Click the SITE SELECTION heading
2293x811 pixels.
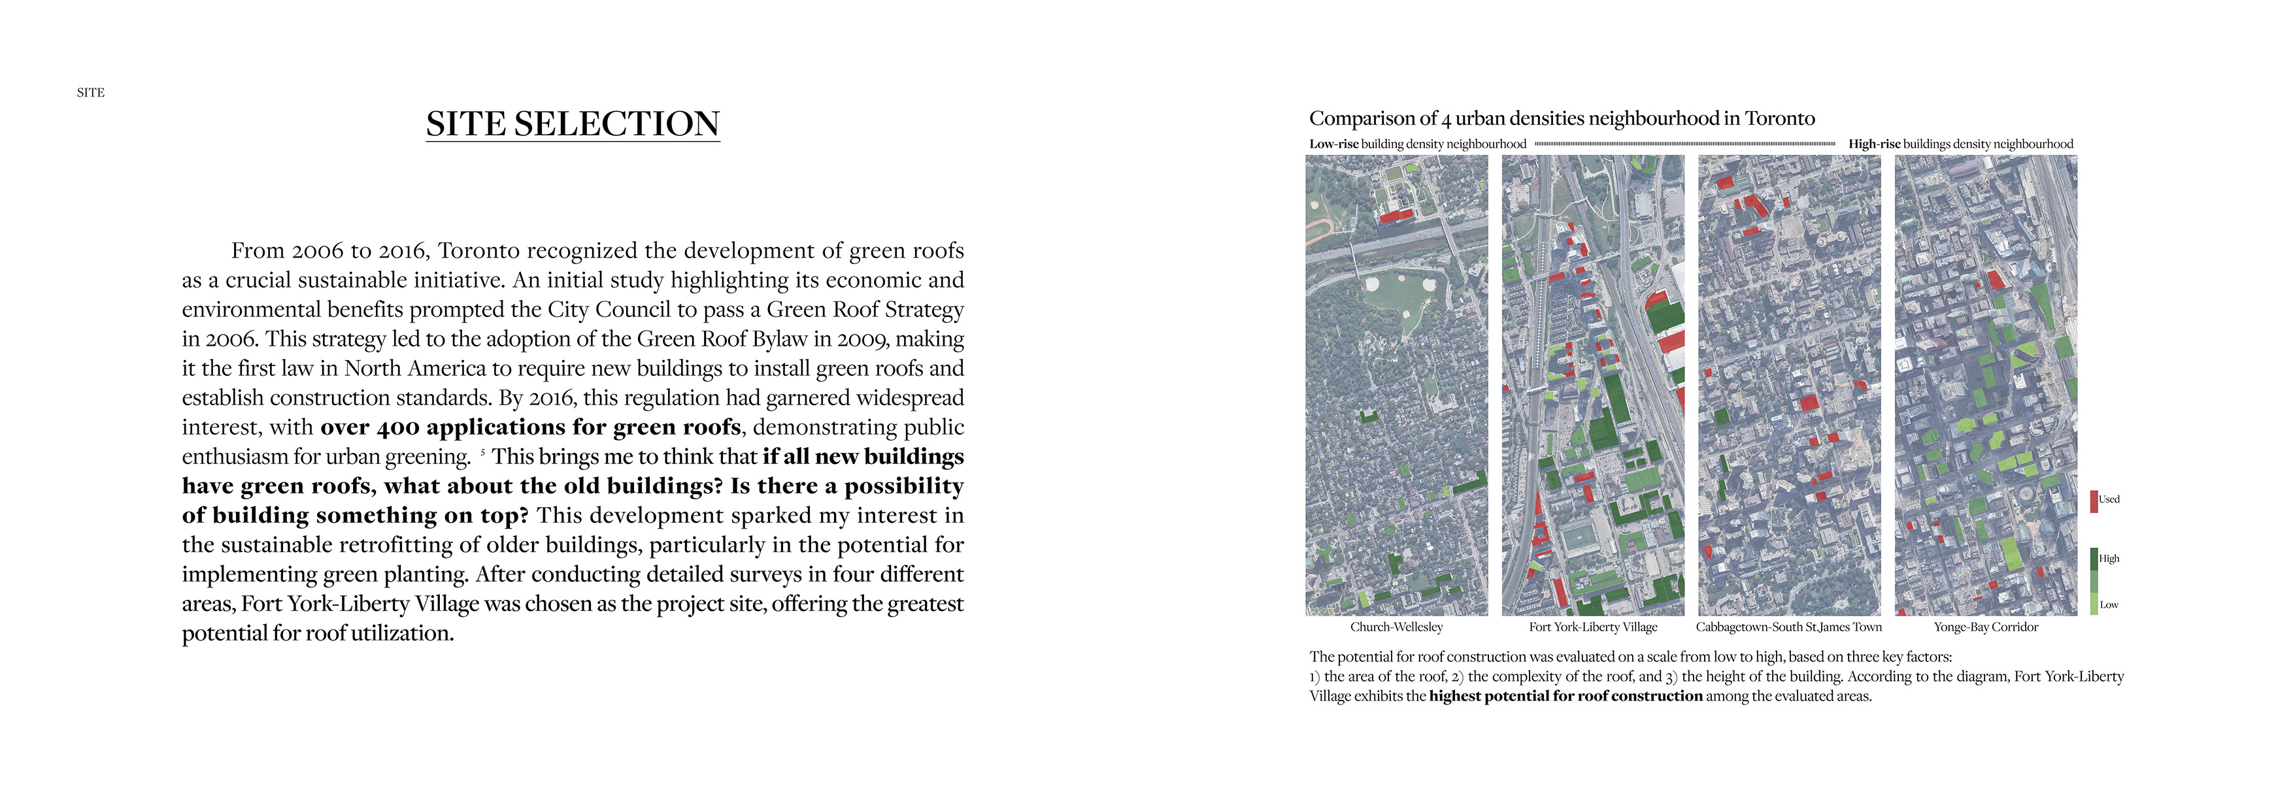(573, 124)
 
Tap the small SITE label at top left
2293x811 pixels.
(90, 93)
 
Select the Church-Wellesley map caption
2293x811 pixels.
(1396, 627)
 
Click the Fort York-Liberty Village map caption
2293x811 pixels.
(1592, 627)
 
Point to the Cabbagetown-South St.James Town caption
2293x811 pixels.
(1788, 627)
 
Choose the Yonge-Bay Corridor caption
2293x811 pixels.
(1985, 627)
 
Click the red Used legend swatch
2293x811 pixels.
(2094, 501)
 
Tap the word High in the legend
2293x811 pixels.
(2109, 558)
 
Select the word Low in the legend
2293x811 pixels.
(2109, 604)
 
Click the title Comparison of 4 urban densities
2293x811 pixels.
(1562, 118)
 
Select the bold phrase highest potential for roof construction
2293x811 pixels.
(1565, 696)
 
